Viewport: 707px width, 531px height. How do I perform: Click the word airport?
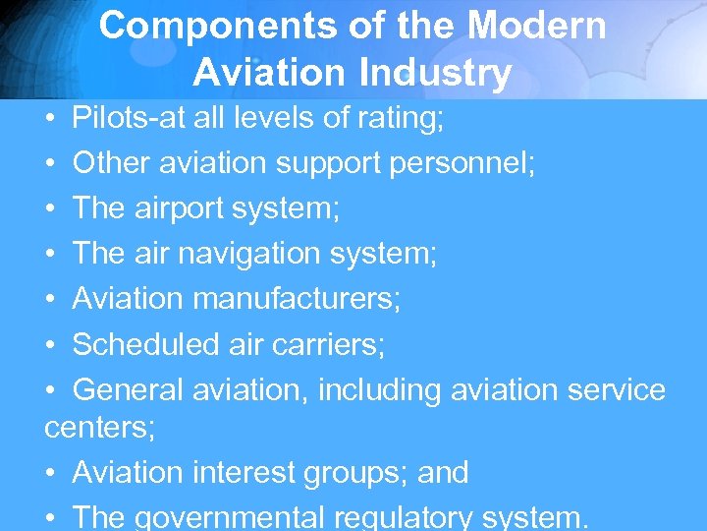point(190,209)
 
